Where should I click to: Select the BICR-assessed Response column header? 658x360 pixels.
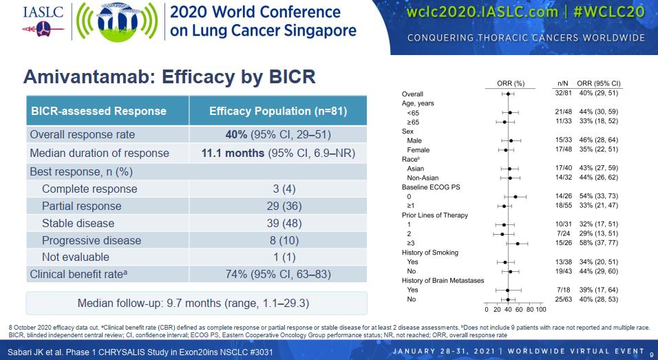pos(99,111)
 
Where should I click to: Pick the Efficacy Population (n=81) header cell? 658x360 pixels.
pos(277,111)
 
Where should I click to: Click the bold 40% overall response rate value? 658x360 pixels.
pos(236,135)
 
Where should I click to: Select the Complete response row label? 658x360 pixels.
pos(89,189)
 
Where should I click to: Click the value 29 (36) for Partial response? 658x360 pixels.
pos(277,206)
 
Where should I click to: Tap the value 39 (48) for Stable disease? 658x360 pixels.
pos(277,223)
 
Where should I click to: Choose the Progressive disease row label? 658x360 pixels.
pos(92,240)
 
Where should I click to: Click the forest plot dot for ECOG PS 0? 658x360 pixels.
pos(516,196)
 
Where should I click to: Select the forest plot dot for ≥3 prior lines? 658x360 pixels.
pos(518,243)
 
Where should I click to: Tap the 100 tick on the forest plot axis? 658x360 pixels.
pos(541,309)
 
